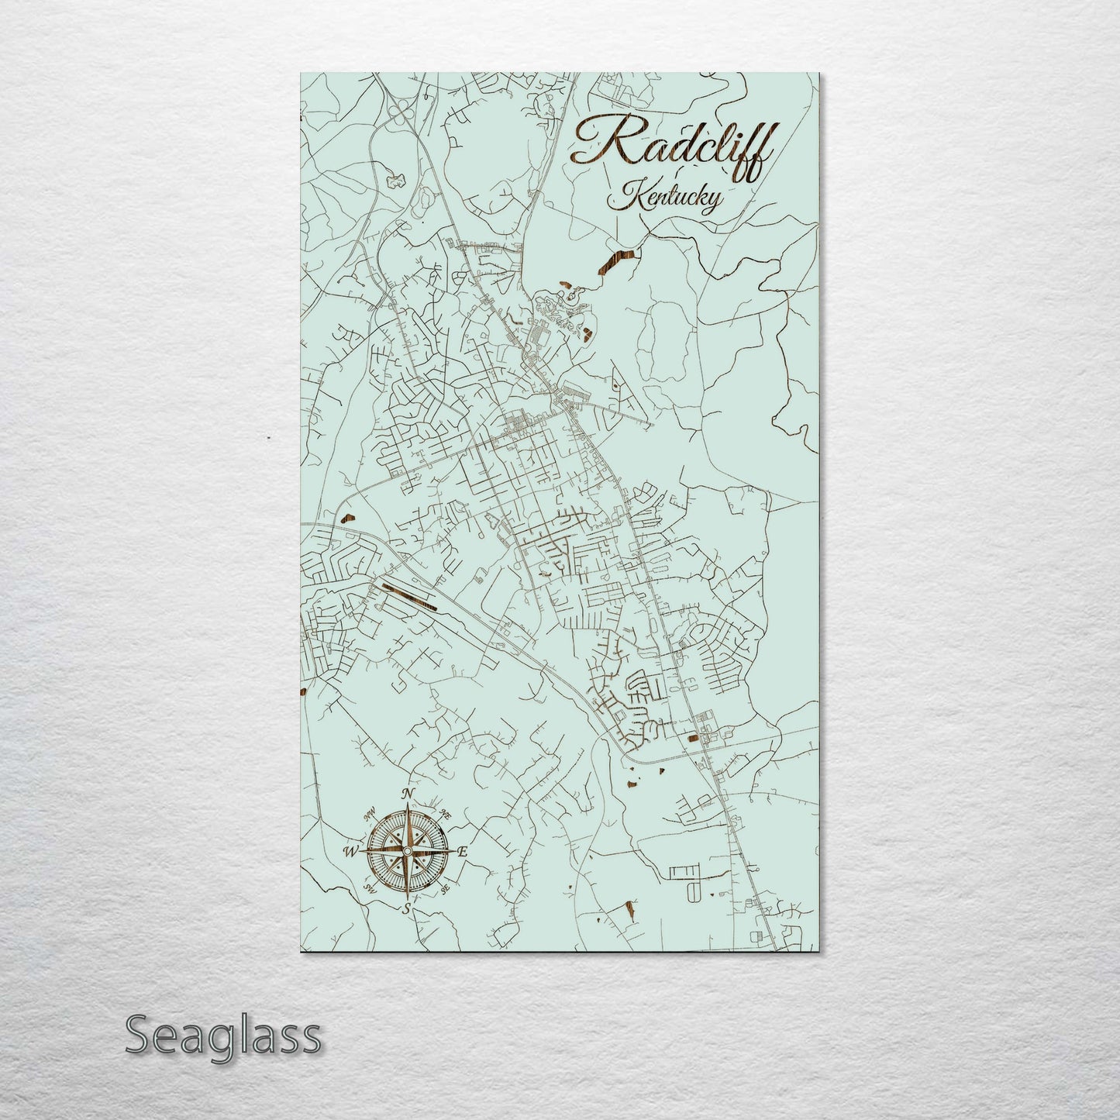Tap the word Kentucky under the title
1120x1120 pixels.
664,197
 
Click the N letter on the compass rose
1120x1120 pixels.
407,794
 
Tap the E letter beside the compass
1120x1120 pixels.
463,852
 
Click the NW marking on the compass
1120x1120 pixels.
369,814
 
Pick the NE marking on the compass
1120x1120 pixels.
445,814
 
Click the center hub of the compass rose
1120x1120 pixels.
407,852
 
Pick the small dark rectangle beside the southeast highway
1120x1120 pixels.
692,739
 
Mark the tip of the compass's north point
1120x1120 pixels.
407,806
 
